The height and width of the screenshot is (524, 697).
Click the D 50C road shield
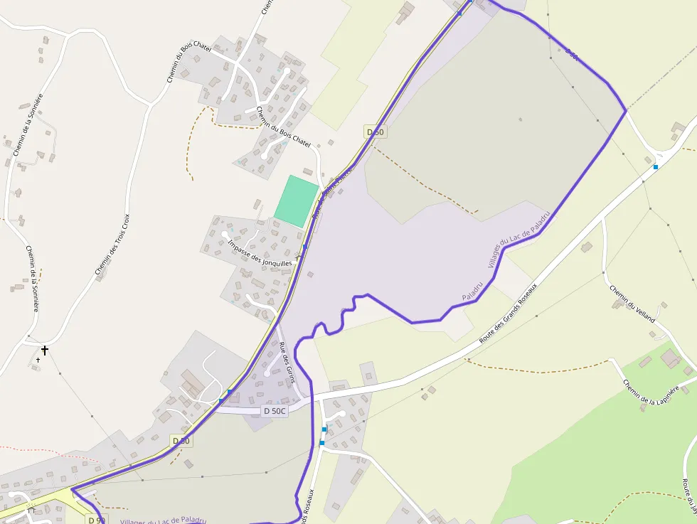click(275, 411)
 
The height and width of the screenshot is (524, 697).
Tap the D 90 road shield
click(96, 520)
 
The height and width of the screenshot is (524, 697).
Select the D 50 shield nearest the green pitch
click(376, 132)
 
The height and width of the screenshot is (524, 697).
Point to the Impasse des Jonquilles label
click(260, 253)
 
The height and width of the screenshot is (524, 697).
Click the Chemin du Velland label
click(632, 304)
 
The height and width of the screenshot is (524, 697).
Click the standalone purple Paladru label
click(472, 288)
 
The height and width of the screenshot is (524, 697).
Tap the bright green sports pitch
click(296, 201)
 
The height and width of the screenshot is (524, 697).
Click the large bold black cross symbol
click(45, 350)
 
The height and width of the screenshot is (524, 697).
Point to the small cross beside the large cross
click(38, 360)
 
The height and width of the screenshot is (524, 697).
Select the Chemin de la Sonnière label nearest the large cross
click(33, 278)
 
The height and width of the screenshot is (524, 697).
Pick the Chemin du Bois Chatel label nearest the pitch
click(283, 127)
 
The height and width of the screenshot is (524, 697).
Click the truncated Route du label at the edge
click(688, 496)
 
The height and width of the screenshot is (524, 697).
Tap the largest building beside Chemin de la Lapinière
click(671, 358)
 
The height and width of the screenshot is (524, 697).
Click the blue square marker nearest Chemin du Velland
click(656, 166)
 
